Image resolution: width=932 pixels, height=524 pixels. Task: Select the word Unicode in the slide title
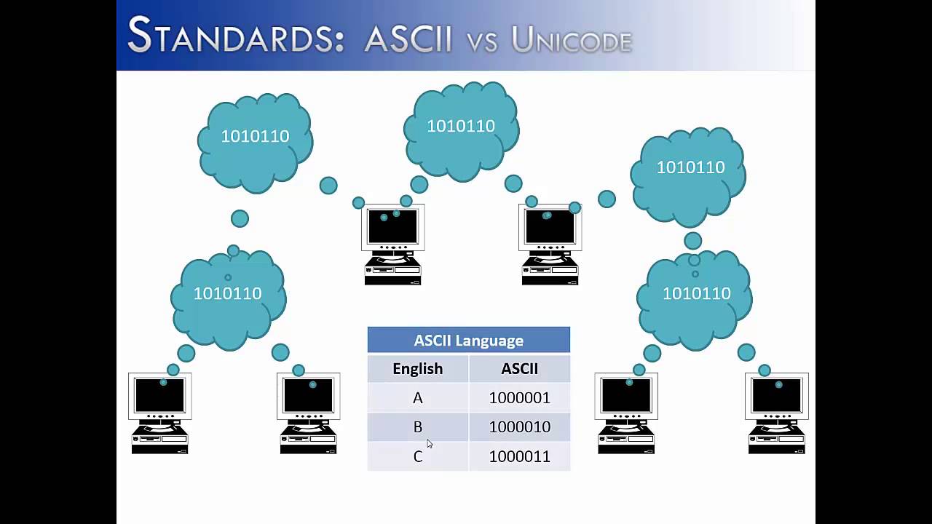point(572,40)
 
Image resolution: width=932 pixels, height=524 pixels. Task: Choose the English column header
point(417,369)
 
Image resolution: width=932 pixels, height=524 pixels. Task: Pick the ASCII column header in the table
point(519,369)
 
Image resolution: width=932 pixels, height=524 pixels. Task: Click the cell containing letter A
point(417,398)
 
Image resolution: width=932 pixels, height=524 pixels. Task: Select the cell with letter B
point(417,427)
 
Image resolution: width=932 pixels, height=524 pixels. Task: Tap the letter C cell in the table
point(417,456)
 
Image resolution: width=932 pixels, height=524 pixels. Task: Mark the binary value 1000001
point(519,398)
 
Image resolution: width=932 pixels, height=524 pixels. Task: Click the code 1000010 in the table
point(519,427)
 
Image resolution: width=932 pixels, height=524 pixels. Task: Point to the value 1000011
point(519,456)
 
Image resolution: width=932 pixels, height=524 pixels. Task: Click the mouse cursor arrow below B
point(430,444)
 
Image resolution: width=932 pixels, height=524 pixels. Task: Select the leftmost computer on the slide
point(160,413)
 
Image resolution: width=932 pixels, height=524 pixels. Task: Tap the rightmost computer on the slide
point(776,413)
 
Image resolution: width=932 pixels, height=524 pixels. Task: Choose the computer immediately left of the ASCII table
point(309,413)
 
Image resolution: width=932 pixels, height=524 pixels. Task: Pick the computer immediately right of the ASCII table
point(626,413)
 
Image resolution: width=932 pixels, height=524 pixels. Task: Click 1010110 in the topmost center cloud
point(461,127)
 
